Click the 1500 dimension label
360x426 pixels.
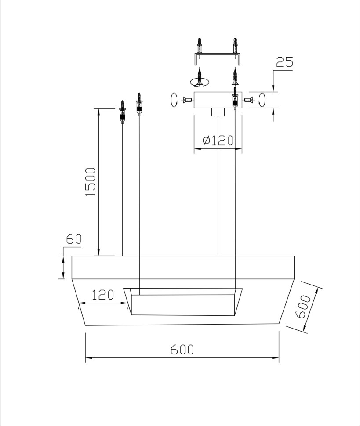point(91,182)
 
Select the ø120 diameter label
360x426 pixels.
point(218,141)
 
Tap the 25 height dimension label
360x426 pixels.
point(285,62)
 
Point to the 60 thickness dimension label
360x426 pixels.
point(74,239)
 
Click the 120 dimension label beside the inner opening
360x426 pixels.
point(102,295)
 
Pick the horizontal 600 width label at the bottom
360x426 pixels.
point(182,350)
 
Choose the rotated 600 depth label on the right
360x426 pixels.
point(303,306)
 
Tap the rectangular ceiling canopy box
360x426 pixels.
point(218,100)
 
